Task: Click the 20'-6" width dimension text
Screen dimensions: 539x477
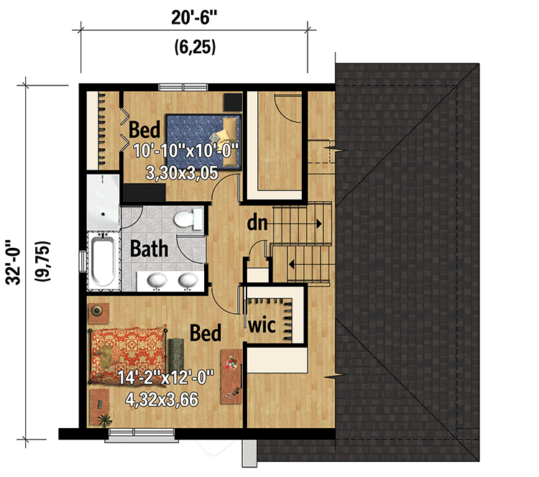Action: [x=194, y=17]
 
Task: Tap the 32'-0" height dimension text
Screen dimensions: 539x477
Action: [x=14, y=262]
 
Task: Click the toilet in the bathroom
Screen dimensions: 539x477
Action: [x=188, y=219]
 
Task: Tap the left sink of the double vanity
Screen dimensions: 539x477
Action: [x=157, y=280]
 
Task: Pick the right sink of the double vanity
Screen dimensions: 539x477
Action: [x=188, y=280]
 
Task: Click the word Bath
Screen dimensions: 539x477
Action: [x=149, y=249]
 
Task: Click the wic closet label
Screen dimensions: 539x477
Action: [x=262, y=325]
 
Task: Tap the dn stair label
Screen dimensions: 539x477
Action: [x=257, y=223]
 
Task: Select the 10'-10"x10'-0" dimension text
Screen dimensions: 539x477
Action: [x=185, y=151]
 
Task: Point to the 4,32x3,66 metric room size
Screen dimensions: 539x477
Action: [x=162, y=399]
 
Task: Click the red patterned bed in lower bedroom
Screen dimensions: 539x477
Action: [x=128, y=355]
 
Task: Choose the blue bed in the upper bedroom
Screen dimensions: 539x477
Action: [x=203, y=142]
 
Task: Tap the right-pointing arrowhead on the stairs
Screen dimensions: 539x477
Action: [x=319, y=223]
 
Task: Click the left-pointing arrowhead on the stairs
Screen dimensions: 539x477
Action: [x=292, y=264]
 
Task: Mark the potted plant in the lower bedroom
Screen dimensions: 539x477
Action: [x=103, y=420]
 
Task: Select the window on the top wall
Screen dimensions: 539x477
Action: [x=183, y=87]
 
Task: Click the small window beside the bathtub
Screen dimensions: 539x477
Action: [x=83, y=261]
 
